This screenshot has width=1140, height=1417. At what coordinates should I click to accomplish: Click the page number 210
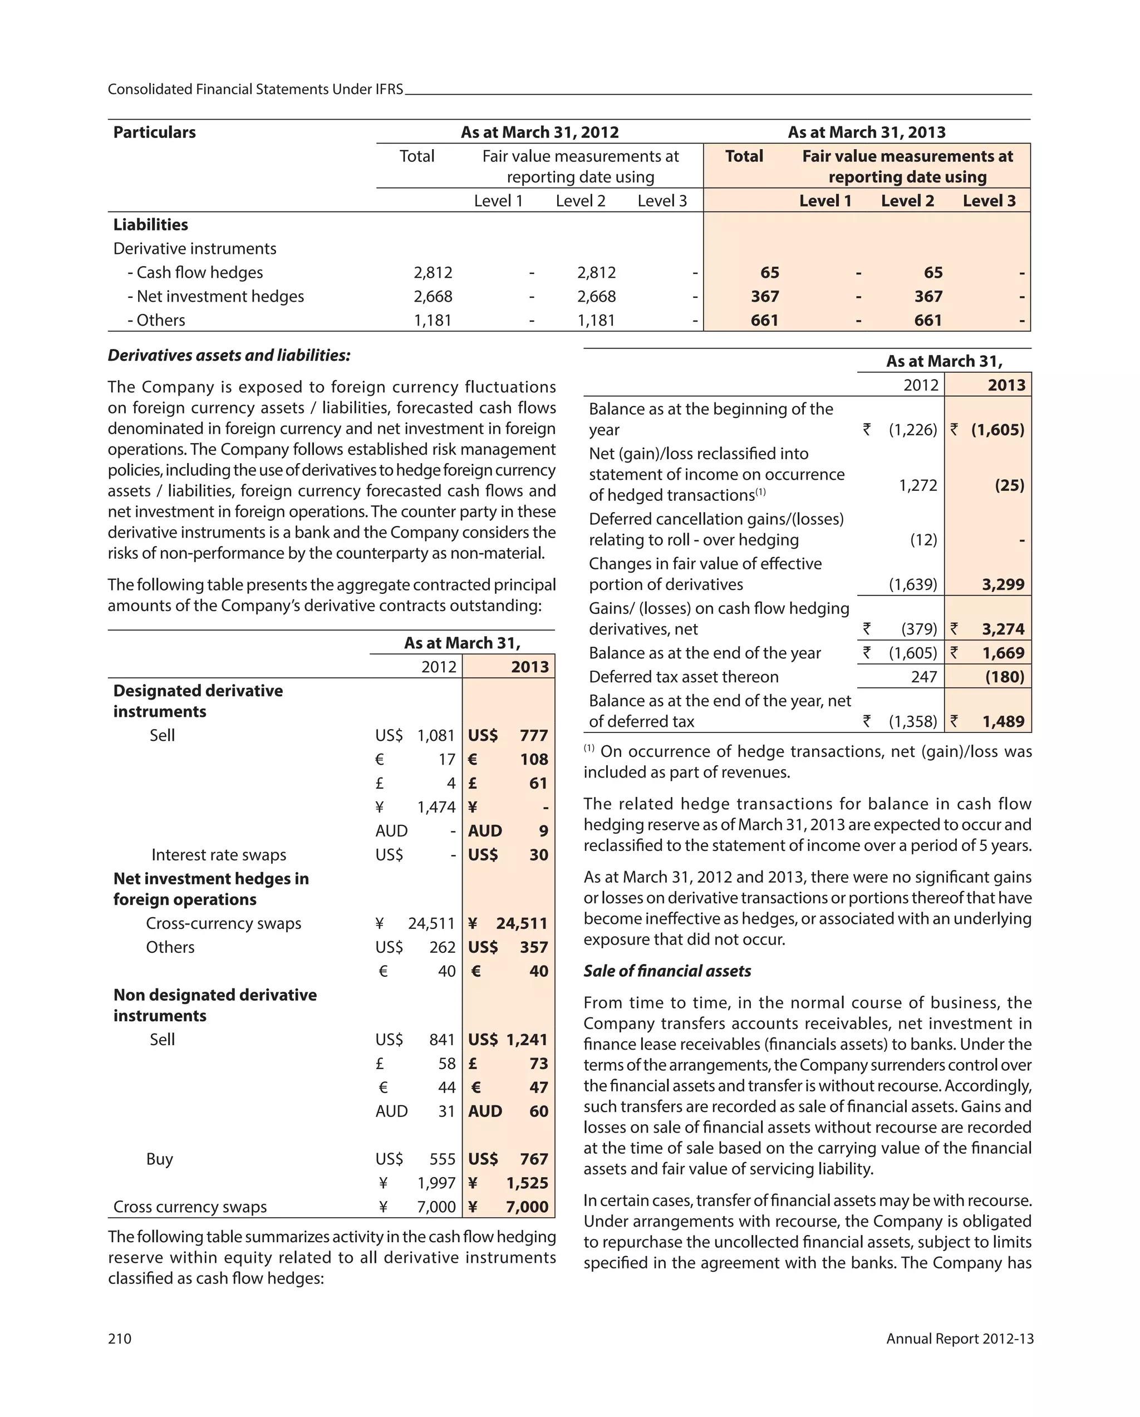(x=120, y=1338)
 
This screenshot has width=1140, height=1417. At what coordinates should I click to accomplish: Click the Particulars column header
(x=155, y=132)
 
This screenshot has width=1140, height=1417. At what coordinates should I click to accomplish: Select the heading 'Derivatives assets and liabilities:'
(x=229, y=355)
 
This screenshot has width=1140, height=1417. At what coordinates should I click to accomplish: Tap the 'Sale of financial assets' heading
(x=667, y=971)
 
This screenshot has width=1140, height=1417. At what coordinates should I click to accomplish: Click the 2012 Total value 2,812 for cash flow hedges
(x=433, y=272)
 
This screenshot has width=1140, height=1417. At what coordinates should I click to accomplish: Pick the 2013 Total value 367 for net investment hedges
(x=765, y=297)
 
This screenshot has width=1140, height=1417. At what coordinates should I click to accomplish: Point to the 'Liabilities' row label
(x=150, y=225)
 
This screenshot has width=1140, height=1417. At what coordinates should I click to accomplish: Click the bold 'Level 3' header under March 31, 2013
(x=988, y=200)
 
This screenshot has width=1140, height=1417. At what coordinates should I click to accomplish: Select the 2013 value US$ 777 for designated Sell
(x=508, y=735)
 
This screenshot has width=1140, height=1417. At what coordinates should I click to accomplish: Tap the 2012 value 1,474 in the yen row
(x=436, y=807)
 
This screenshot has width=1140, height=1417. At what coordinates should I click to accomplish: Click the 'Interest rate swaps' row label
(x=218, y=854)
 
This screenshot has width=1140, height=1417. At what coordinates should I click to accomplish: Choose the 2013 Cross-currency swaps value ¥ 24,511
(x=508, y=923)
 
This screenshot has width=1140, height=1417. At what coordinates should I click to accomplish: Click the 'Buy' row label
(x=159, y=1159)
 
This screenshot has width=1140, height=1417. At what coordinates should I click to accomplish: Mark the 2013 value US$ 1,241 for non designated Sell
(x=508, y=1040)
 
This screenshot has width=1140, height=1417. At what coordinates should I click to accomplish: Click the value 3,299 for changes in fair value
(x=1003, y=584)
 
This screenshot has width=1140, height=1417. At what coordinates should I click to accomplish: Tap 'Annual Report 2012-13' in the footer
(x=959, y=1338)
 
